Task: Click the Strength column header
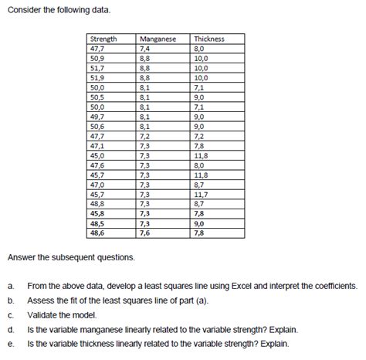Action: point(104,39)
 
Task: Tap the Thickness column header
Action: point(208,39)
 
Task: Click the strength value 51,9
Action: point(97,77)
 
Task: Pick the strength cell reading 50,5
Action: point(97,97)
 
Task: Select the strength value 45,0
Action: point(97,155)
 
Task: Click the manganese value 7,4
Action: point(144,48)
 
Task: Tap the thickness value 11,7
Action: point(202,194)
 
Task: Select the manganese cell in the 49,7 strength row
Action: point(144,117)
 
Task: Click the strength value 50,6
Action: point(97,126)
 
